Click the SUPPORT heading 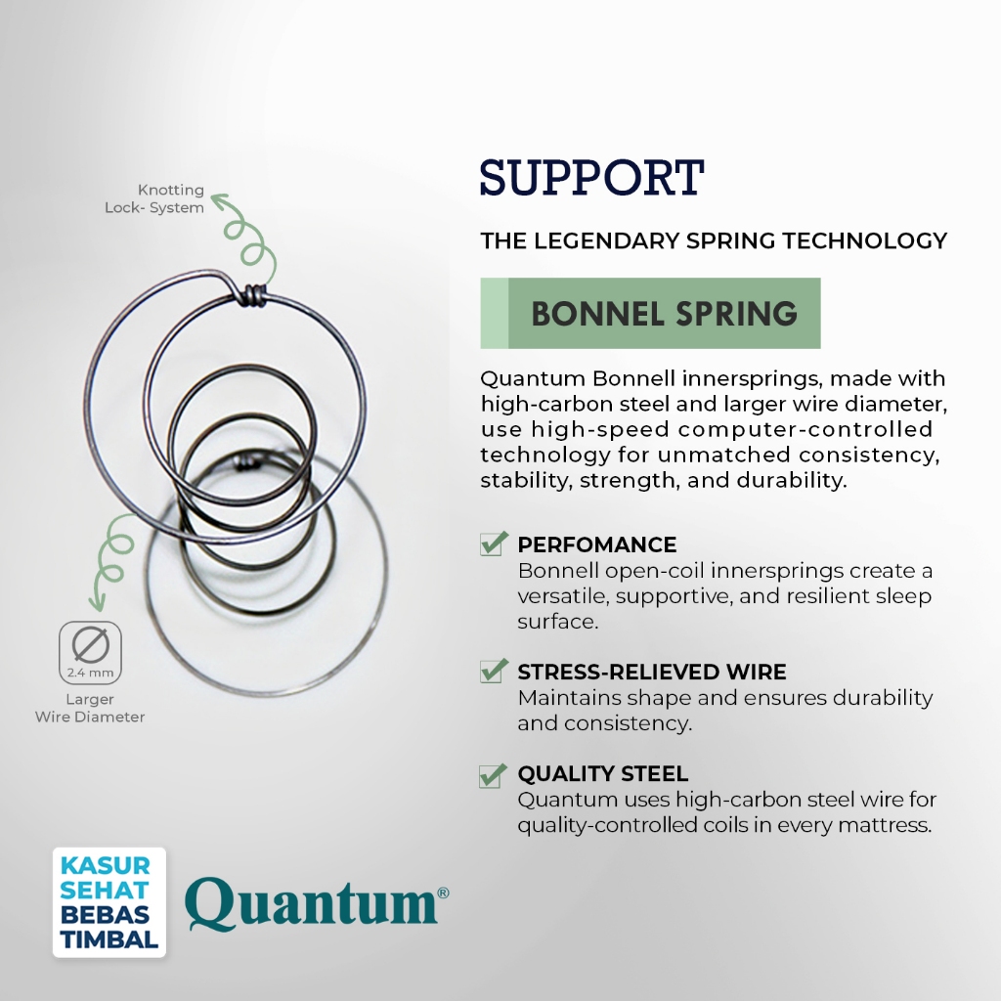click(x=591, y=178)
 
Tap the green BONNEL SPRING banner click(x=650, y=313)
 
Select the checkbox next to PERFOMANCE click(x=494, y=544)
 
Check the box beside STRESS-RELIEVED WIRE click(x=494, y=671)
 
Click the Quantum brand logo click(x=317, y=903)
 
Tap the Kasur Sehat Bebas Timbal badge click(x=109, y=902)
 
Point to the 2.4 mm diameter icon click(x=90, y=652)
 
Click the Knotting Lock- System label click(x=154, y=198)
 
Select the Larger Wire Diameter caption click(x=90, y=708)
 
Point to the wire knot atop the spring click(x=253, y=295)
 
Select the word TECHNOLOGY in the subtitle click(x=865, y=240)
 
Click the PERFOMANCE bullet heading click(x=597, y=544)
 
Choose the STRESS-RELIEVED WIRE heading click(x=652, y=672)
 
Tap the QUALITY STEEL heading click(x=602, y=774)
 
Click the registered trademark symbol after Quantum click(x=443, y=892)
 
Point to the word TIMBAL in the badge click(x=109, y=939)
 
